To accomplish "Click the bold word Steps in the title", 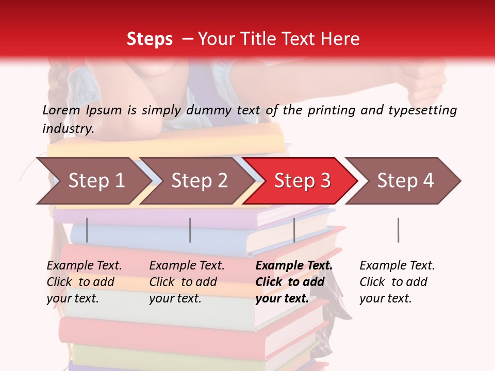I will [x=150, y=39].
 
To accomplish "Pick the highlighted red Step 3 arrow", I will [x=302, y=181].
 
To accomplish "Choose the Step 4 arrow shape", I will [x=405, y=181].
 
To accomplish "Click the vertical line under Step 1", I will [x=87, y=230].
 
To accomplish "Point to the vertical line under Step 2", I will [x=190, y=230].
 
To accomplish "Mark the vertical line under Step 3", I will [x=294, y=230].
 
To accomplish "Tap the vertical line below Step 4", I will [x=398, y=230].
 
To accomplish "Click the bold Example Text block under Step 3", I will [x=294, y=282].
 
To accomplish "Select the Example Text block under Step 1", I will [x=84, y=282].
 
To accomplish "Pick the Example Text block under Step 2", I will [x=187, y=282].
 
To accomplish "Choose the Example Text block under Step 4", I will [x=397, y=282].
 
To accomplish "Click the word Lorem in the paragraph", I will [x=61, y=110].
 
